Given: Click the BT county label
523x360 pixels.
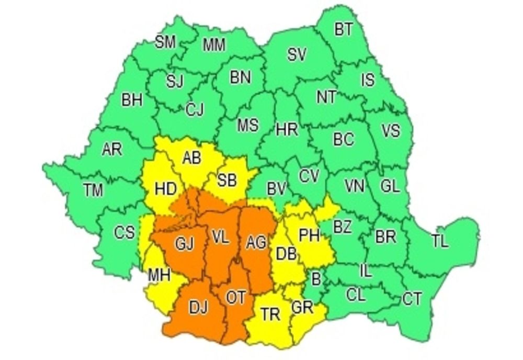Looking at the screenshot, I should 344,30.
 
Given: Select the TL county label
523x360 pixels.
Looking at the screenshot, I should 440,241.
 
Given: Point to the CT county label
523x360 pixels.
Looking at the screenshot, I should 412,299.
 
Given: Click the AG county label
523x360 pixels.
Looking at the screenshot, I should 256,242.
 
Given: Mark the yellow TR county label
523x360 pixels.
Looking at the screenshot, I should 270,314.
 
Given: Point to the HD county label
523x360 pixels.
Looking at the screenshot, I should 166,189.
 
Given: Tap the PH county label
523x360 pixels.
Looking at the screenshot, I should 309,235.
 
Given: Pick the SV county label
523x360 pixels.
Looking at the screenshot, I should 297,54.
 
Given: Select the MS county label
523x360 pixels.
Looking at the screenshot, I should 248,126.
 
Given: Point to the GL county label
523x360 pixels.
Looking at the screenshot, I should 390,186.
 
